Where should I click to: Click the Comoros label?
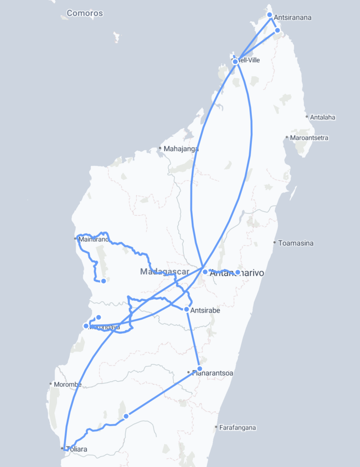pos(85,13)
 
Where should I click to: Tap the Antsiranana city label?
pos(293,18)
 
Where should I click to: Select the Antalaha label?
pos(323,117)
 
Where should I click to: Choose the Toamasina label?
pos(296,243)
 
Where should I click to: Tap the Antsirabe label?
pos(205,311)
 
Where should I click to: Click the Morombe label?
pos(67,384)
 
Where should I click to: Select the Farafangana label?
pos(237,428)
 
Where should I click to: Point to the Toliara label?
pos(76,449)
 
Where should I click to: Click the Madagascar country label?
pos(165,272)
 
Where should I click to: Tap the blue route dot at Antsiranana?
pos(269,15)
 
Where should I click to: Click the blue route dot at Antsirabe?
pos(186,310)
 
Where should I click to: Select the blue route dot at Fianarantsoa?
pos(200,368)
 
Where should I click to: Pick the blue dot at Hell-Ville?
pos(235,62)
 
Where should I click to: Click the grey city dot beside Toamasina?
pos(274,243)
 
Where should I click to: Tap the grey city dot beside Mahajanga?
pos(160,148)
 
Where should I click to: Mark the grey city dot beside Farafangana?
pos(216,427)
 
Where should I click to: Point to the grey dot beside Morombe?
pos(50,384)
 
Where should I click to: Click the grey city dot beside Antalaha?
pos(307,117)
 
